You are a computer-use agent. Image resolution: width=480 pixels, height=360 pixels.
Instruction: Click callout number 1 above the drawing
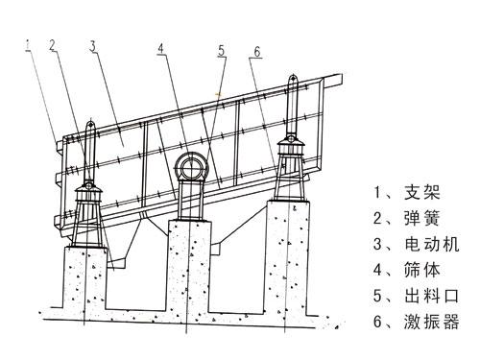[x=29, y=45]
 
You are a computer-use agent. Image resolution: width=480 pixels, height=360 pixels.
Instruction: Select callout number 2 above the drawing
[x=53, y=45]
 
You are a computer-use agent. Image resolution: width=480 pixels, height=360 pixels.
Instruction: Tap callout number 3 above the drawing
[x=92, y=47]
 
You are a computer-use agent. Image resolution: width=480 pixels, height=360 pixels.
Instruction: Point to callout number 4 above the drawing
[x=160, y=48]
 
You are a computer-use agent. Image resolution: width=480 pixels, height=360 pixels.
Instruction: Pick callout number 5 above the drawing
[x=222, y=51]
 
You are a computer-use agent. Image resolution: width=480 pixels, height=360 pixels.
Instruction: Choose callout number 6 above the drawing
[x=257, y=52]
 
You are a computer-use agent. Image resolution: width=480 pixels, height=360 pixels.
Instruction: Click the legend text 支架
[x=421, y=192]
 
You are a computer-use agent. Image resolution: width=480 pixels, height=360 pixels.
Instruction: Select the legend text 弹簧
[x=421, y=218]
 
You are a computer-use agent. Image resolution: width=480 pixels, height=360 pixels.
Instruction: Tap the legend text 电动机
[x=431, y=244]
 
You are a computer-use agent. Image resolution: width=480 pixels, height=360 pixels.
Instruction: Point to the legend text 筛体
[x=421, y=270]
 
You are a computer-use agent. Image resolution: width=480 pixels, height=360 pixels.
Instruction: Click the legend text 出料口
[x=431, y=296]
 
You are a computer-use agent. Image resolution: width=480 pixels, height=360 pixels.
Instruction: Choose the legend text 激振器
[x=431, y=322]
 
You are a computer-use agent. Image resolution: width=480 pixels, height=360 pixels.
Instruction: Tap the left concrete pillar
[x=84, y=277]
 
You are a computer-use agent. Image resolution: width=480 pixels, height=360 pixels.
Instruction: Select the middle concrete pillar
[x=190, y=265]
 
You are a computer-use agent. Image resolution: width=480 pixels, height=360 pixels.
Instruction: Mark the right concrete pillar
[x=288, y=256]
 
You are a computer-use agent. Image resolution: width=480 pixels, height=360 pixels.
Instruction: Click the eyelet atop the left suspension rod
[x=91, y=123]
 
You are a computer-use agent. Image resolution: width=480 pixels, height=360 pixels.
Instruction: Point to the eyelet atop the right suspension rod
[x=293, y=79]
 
